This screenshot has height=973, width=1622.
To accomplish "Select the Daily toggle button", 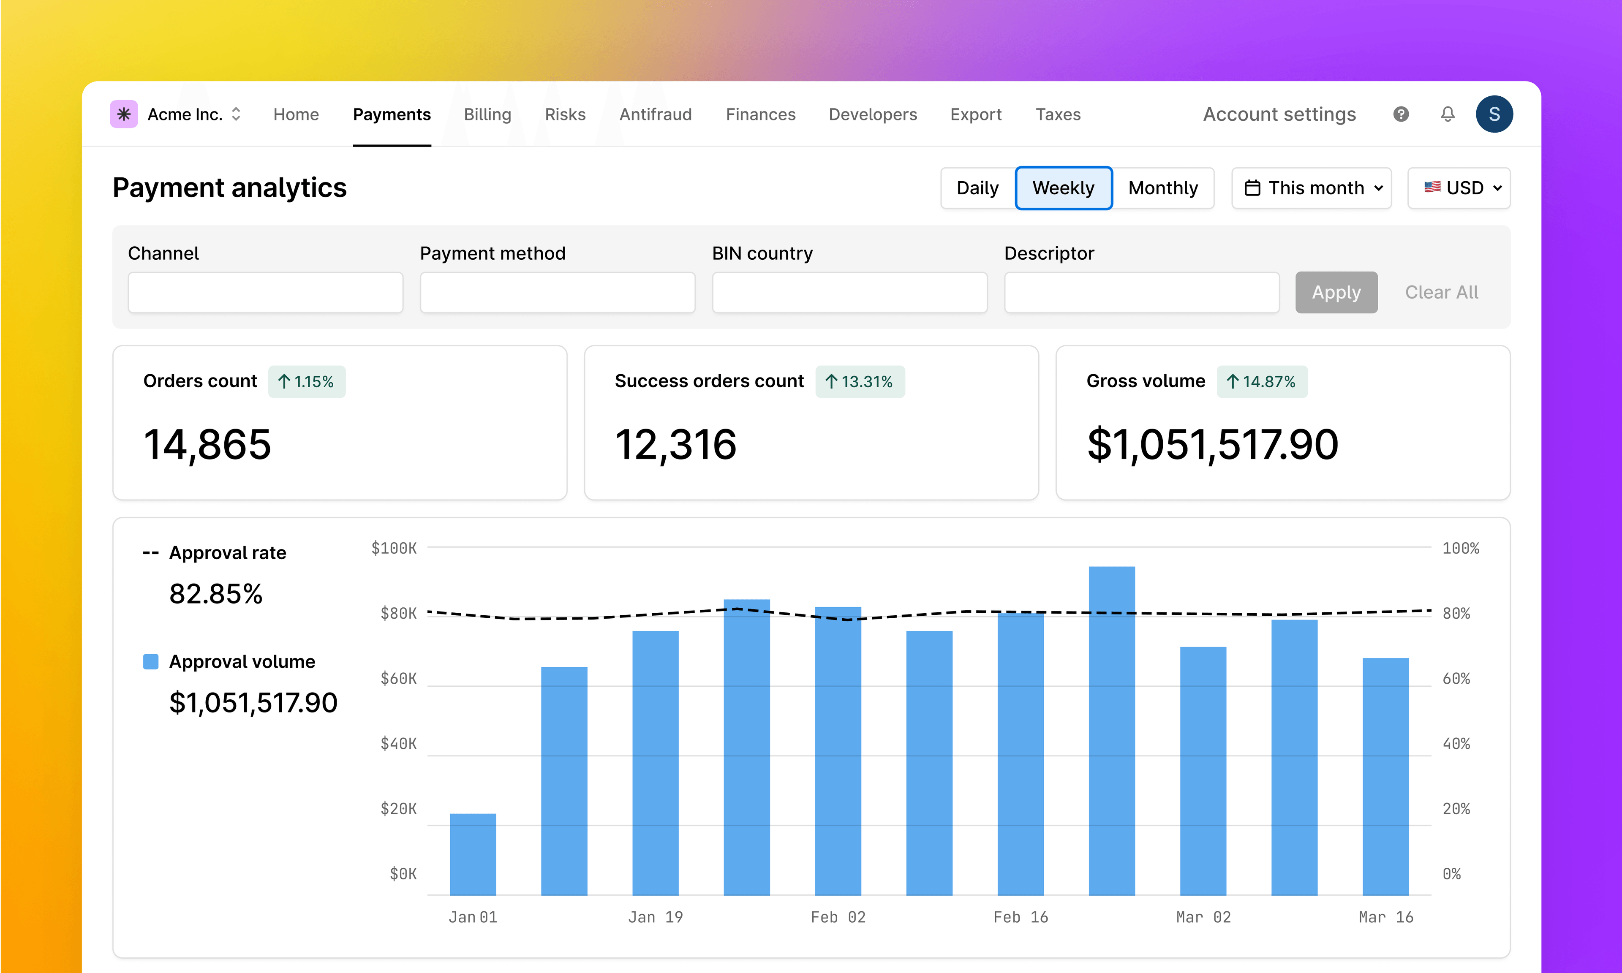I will (977, 188).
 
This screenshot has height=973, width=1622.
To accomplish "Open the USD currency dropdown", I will (1459, 188).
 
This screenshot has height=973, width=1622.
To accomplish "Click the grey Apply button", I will (1336, 292).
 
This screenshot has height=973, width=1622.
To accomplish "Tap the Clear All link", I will (1441, 292).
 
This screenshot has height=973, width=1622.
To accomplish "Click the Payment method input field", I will (557, 292).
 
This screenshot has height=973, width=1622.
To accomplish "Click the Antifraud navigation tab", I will (655, 115).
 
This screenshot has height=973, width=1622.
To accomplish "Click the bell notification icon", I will (1448, 115).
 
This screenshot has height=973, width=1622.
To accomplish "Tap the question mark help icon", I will (1401, 115).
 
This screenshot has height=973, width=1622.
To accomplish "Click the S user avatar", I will (1494, 115).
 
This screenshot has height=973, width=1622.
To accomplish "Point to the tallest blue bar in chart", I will (1111, 728).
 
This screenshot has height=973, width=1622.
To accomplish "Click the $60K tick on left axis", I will (399, 679).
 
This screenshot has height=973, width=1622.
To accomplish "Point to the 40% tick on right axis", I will (1456, 744).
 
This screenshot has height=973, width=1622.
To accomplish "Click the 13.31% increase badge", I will (860, 382).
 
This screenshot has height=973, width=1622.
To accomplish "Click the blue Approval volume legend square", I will (151, 662).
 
